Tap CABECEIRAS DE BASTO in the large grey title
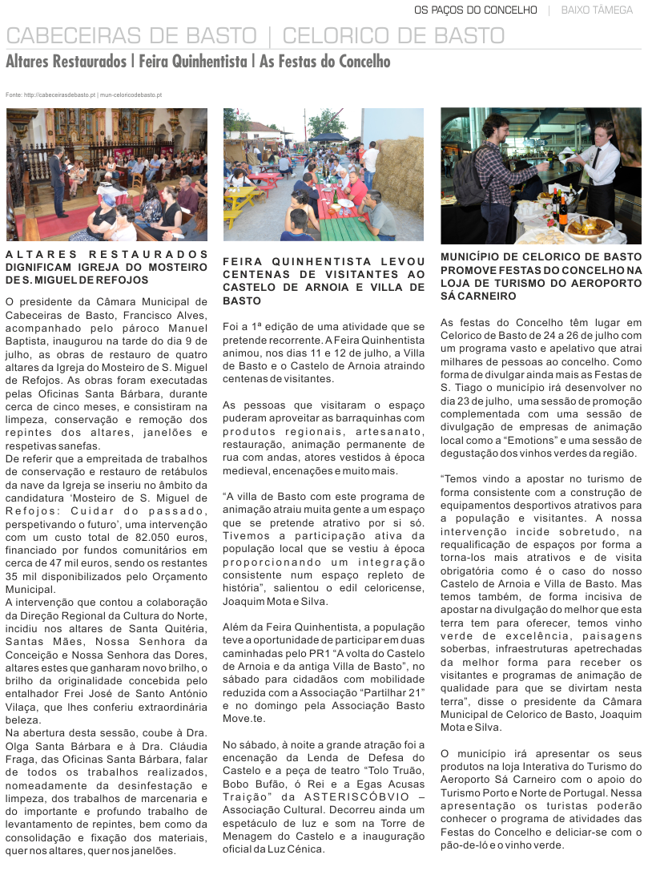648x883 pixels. (x=131, y=36)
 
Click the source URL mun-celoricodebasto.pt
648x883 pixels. (x=131, y=95)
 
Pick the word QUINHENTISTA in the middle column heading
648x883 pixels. (x=328, y=262)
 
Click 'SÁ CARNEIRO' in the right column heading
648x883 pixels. (x=477, y=296)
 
